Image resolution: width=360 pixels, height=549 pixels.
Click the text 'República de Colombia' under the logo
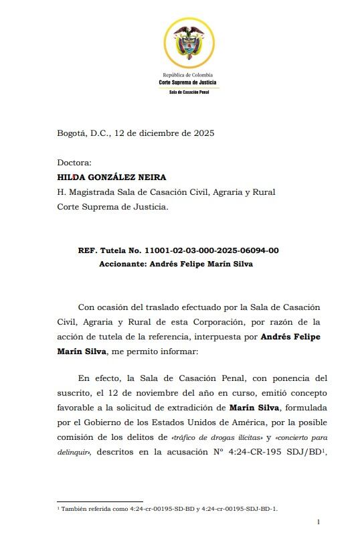tap(187, 75)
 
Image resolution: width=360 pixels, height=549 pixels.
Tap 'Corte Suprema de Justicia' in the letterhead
tap(187, 82)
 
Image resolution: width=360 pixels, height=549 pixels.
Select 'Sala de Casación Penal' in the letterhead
tap(187, 92)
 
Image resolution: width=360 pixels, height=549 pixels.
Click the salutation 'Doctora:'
tap(74, 163)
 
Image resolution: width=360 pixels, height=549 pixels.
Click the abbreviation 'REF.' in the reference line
tap(88, 250)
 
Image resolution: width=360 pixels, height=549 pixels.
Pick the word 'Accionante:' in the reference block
tap(122, 264)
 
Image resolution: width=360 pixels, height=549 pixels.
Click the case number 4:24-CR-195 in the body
tap(258, 452)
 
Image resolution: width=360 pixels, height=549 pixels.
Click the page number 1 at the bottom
tap(319, 522)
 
